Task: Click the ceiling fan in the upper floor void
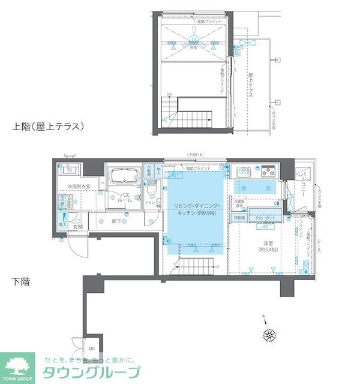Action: click(194, 41)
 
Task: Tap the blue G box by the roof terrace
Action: click(237, 53)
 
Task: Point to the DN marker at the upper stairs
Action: click(169, 95)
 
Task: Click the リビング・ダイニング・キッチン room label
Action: click(197, 210)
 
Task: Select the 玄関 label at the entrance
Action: click(77, 227)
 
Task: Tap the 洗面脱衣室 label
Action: click(78, 187)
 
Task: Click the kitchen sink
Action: click(244, 172)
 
